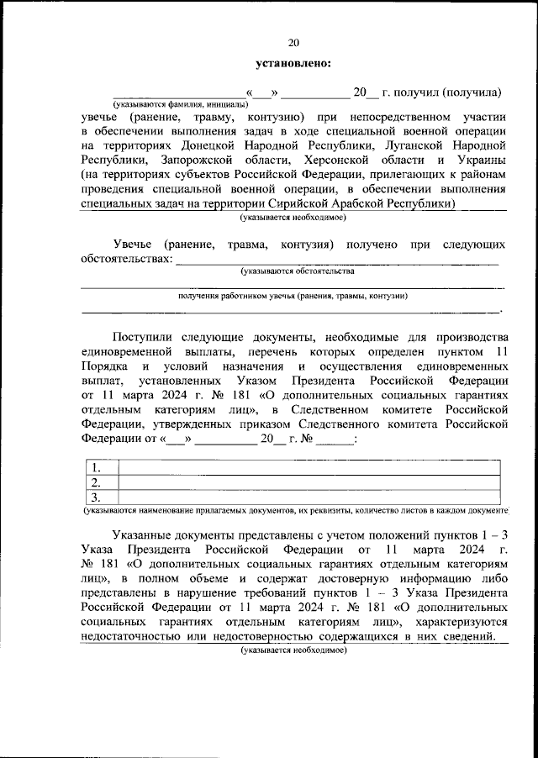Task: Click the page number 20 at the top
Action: [293, 43]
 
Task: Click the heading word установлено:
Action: [293, 62]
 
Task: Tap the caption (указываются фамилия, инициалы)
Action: [181, 103]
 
